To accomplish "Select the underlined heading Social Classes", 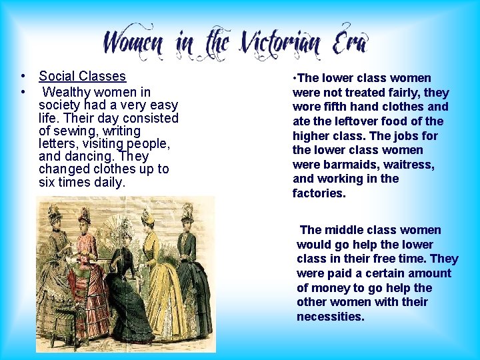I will click(82, 77).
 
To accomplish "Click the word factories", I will click(319, 193).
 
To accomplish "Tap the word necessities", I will click(329, 317).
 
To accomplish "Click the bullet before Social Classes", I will click(23, 77).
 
